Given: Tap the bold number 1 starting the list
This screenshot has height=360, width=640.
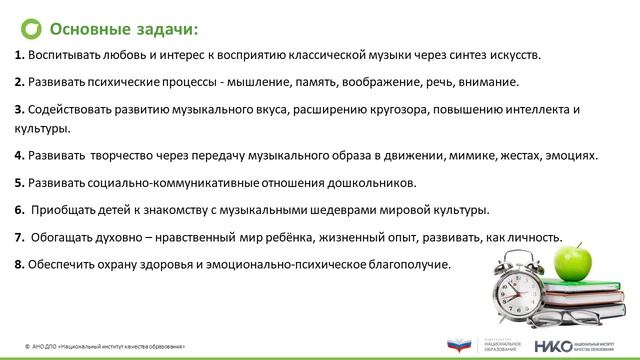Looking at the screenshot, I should pos(21,56).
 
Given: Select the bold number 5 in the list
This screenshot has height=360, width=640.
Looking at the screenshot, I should pos(21,183).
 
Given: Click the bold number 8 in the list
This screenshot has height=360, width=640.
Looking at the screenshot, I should pos(21,265).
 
